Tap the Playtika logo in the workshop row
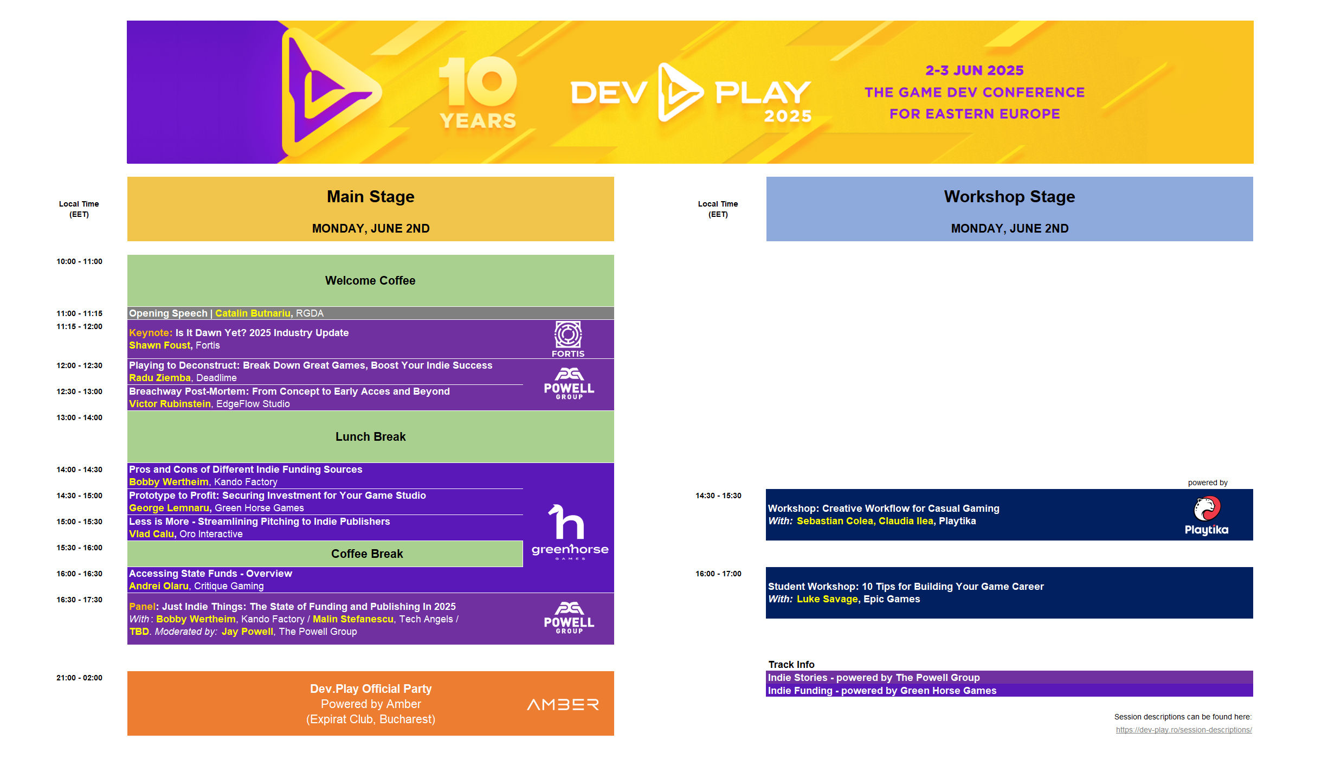point(1207,516)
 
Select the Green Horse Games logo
point(570,532)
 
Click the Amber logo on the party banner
point(563,704)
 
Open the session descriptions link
point(1184,730)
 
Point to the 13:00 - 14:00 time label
point(80,417)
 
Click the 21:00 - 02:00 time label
point(80,678)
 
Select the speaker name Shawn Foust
point(160,345)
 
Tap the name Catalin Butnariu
point(253,313)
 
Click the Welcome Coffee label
point(370,280)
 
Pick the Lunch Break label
point(370,436)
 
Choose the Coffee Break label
point(367,554)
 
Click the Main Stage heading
point(371,196)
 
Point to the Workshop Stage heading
point(1009,196)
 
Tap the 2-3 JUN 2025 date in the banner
point(975,70)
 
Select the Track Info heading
point(791,665)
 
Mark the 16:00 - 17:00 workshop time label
point(718,574)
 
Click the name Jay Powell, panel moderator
point(247,632)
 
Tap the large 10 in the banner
point(478,81)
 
